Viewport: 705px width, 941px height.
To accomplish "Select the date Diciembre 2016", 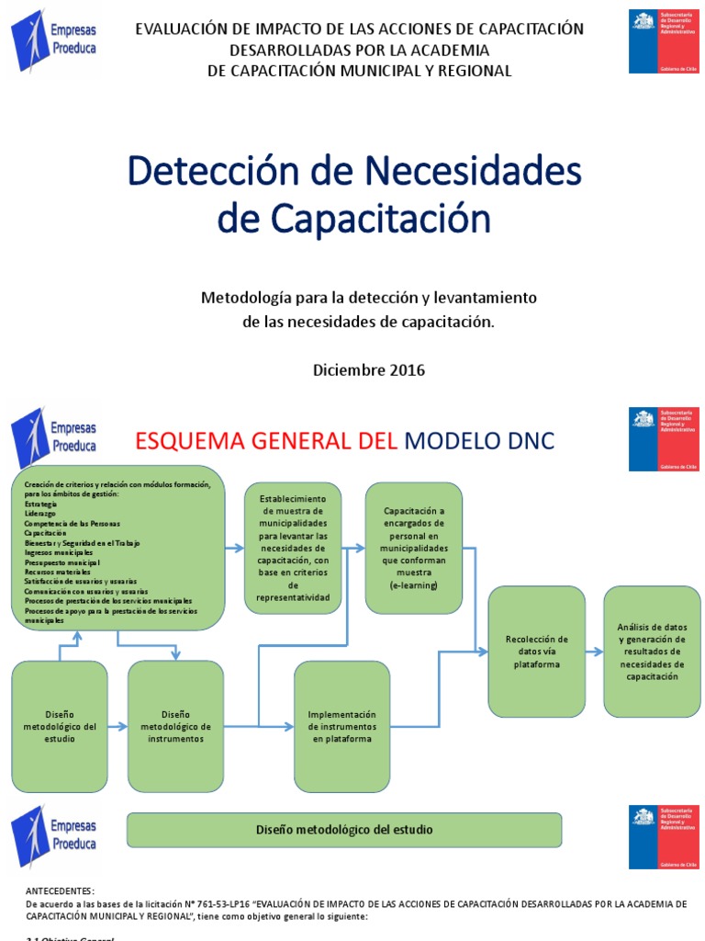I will pos(369,370).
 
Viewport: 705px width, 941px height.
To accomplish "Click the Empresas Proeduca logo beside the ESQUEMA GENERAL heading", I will pos(54,436).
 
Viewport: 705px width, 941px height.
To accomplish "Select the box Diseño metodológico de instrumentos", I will pos(175,726).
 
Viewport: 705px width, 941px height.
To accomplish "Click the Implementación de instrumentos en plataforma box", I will pos(341,726).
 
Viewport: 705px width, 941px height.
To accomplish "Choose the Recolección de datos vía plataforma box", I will pos(536,651).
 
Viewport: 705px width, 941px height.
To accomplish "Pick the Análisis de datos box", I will pos(652,651).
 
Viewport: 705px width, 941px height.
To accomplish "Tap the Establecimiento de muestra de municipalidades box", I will pos(293,548).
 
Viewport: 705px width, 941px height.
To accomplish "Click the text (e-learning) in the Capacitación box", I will pos(413,584).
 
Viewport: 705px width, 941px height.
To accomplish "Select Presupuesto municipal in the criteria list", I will pos(62,562).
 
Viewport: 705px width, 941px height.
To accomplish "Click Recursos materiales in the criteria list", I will pos(59,572).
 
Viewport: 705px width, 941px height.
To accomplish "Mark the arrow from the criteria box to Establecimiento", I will pos(234,549).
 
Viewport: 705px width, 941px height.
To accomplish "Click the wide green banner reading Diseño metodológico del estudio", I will pos(343,830).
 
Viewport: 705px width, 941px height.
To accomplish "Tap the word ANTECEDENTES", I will pos(60,891).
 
